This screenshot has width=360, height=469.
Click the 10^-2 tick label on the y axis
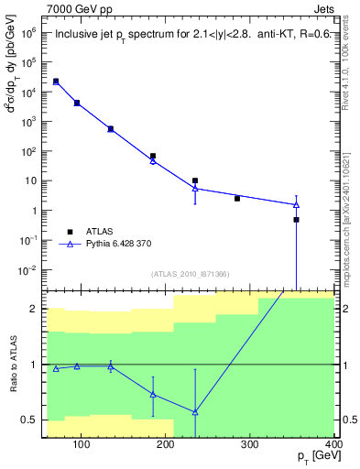(27, 269)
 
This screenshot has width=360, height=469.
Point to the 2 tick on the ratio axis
(33, 309)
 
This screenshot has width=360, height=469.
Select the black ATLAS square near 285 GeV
(237, 198)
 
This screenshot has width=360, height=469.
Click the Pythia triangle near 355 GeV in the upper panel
(296, 204)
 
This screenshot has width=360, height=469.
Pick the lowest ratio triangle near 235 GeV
(195, 411)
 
